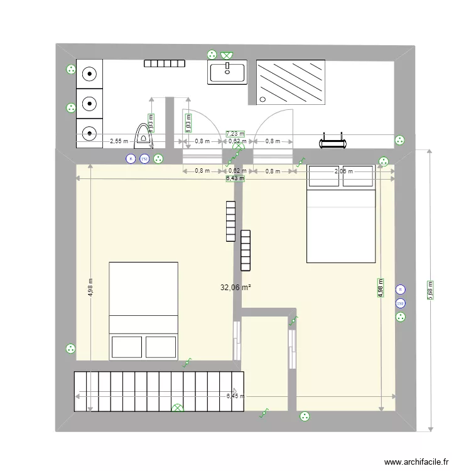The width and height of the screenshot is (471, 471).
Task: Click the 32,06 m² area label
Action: point(235,288)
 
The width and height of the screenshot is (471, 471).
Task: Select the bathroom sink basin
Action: point(227,72)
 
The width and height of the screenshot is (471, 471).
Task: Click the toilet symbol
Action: point(145,132)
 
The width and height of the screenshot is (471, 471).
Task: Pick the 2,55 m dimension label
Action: point(118,141)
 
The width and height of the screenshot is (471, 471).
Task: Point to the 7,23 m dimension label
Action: point(235,134)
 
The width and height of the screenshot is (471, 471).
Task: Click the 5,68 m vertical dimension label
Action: point(430,290)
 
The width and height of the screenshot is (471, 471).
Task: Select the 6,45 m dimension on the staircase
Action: point(235,396)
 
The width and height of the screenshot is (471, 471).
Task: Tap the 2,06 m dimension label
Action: point(343,171)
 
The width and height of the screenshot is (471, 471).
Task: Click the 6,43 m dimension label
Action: point(235,178)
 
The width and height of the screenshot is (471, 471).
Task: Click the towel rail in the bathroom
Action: point(332,140)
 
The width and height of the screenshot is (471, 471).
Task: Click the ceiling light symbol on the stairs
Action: point(178,409)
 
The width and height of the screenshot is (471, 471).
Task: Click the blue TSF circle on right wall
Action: point(400,303)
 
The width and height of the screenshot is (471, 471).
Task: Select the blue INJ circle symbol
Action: point(144,160)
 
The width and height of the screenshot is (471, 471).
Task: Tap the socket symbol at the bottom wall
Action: point(305,415)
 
